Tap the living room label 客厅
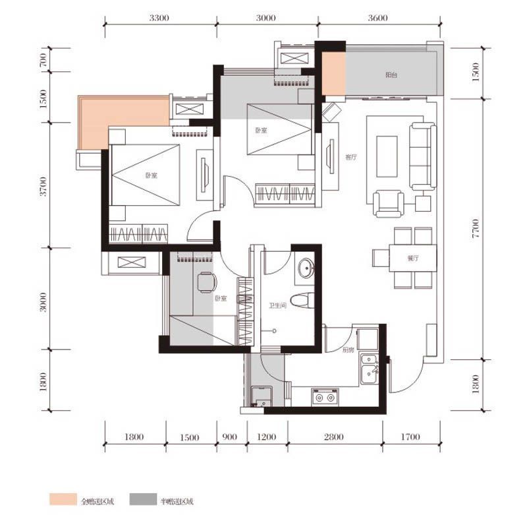pyautogui.click(x=350, y=157)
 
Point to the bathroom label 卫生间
pyautogui.click(x=277, y=305)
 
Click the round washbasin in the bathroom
pyautogui.click(x=306, y=269)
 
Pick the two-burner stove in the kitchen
pyautogui.click(x=324, y=397)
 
